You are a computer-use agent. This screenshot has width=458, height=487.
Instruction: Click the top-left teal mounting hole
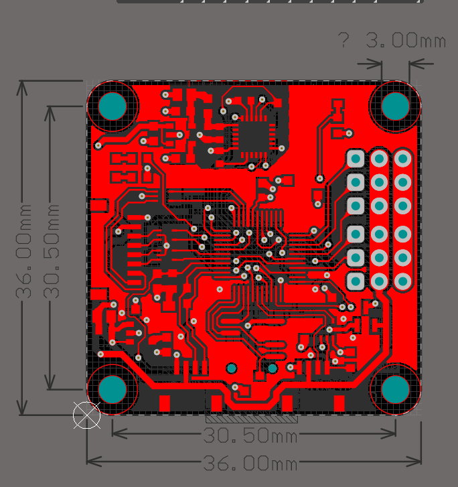coord(112,106)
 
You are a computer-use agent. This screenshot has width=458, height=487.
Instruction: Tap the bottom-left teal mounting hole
coord(112,389)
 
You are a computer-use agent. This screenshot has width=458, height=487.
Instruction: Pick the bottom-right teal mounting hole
coord(396,389)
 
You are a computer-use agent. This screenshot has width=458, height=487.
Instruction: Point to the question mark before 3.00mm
coord(344,41)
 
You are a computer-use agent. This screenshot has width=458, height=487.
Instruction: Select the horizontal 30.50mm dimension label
coord(250,435)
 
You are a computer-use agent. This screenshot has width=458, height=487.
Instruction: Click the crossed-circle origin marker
coord(87,415)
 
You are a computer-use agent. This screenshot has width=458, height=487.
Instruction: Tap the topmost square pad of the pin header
coord(356,159)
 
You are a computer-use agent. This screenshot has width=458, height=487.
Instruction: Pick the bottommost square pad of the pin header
coord(356,281)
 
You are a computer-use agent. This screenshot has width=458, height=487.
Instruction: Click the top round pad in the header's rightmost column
coord(402,159)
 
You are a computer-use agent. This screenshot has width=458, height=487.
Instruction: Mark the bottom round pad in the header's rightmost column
coord(402,281)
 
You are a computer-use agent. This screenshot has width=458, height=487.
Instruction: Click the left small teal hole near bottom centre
coord(232,368)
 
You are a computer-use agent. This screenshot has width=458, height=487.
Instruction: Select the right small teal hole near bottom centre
coord(273,368)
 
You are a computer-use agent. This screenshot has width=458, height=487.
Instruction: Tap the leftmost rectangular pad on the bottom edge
coord(165,403)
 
